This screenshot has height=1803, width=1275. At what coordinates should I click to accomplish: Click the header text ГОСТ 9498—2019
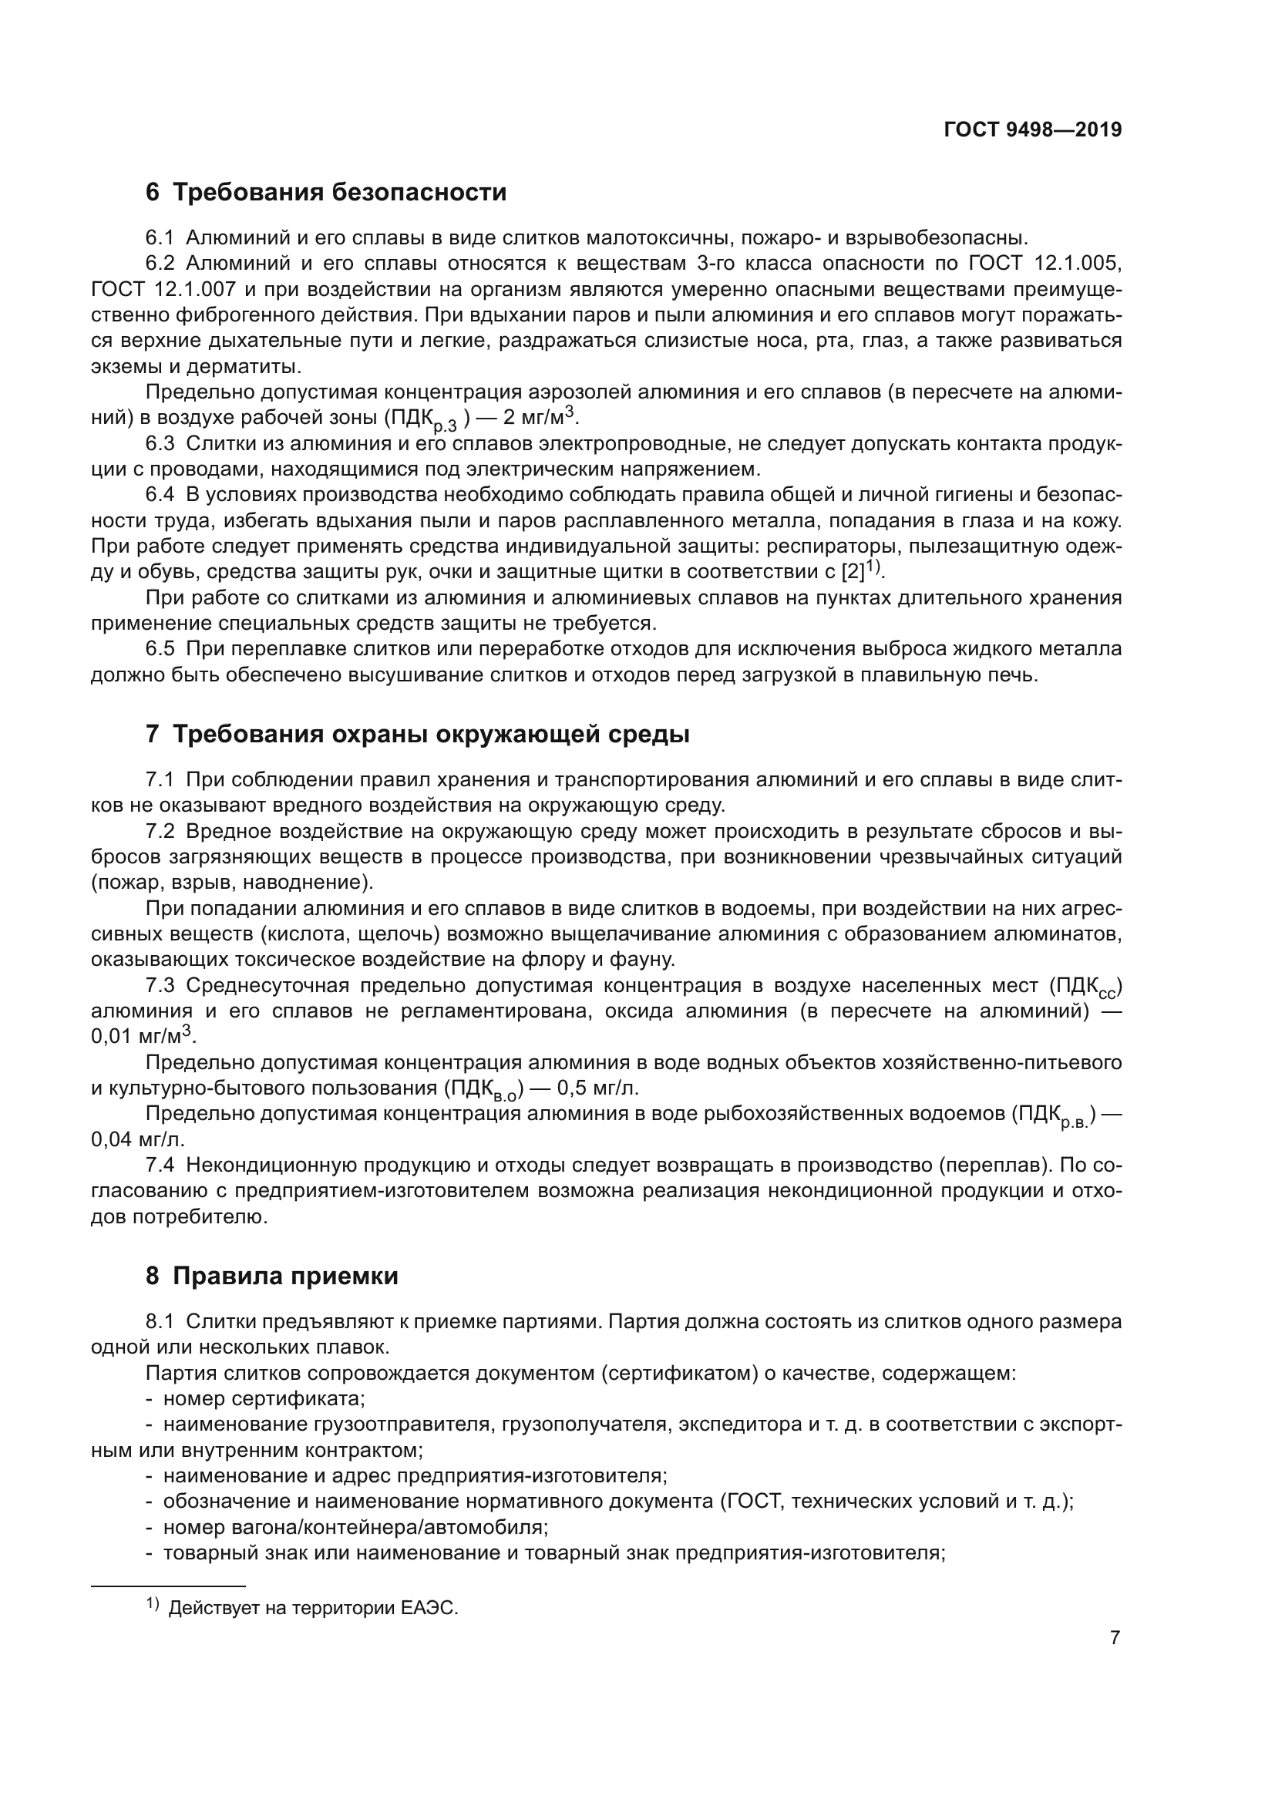point(1031,130)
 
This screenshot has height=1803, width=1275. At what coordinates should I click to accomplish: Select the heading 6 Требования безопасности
point(326,193)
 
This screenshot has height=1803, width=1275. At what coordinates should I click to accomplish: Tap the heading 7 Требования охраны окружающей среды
point(418,735)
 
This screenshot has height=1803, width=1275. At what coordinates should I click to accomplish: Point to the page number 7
point(1115,1638)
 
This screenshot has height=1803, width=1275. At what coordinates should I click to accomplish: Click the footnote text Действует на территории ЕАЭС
point(313,1608)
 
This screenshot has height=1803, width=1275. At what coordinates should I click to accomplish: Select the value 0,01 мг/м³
point(143,1037)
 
